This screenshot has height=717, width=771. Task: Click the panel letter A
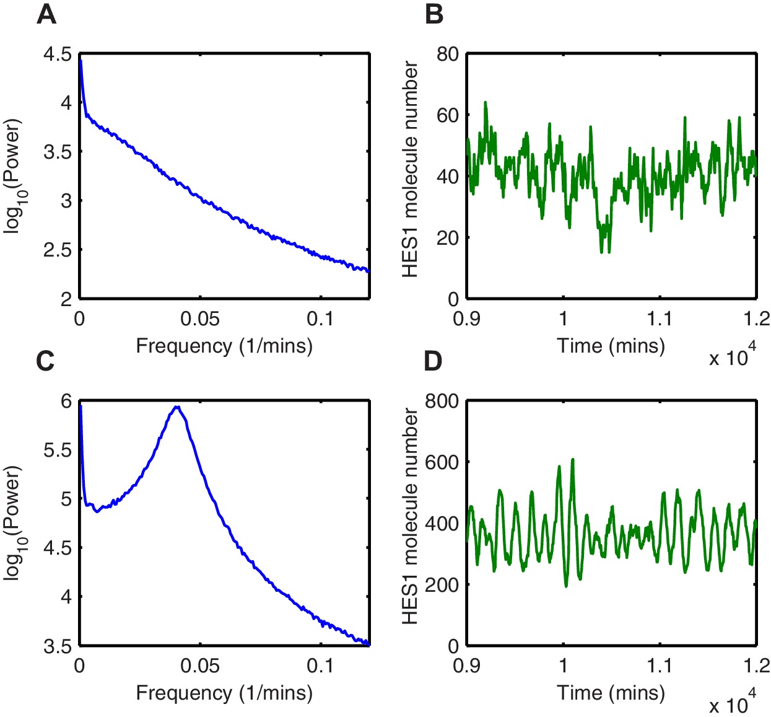click(46, 14)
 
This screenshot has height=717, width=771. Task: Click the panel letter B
click(434, 14)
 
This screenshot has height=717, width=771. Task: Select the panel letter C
click(45, 361)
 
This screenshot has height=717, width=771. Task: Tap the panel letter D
click(433, 361)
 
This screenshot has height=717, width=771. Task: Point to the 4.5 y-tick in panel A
click(57, 54)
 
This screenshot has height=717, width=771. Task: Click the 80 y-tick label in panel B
click(447, 54)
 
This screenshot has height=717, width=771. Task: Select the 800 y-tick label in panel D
click(442, 401)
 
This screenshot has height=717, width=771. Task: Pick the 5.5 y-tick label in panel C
click(57, 450)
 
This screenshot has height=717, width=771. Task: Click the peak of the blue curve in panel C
click(177, 407)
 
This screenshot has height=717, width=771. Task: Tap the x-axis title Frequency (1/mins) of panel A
click(224, 345)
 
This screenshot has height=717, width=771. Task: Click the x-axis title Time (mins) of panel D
click(611, 692)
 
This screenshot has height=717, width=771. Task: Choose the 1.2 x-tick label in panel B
click(756, 319)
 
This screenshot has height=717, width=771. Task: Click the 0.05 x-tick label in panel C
click(200, 666)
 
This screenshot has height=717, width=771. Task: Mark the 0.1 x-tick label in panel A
click(320, 319)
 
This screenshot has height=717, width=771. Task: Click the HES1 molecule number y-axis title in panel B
click(410, 169)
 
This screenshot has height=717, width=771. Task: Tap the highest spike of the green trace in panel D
click(573, 459)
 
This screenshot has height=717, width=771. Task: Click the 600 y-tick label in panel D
click(442, 462)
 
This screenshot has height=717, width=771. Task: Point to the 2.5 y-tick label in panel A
click(57, 250)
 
